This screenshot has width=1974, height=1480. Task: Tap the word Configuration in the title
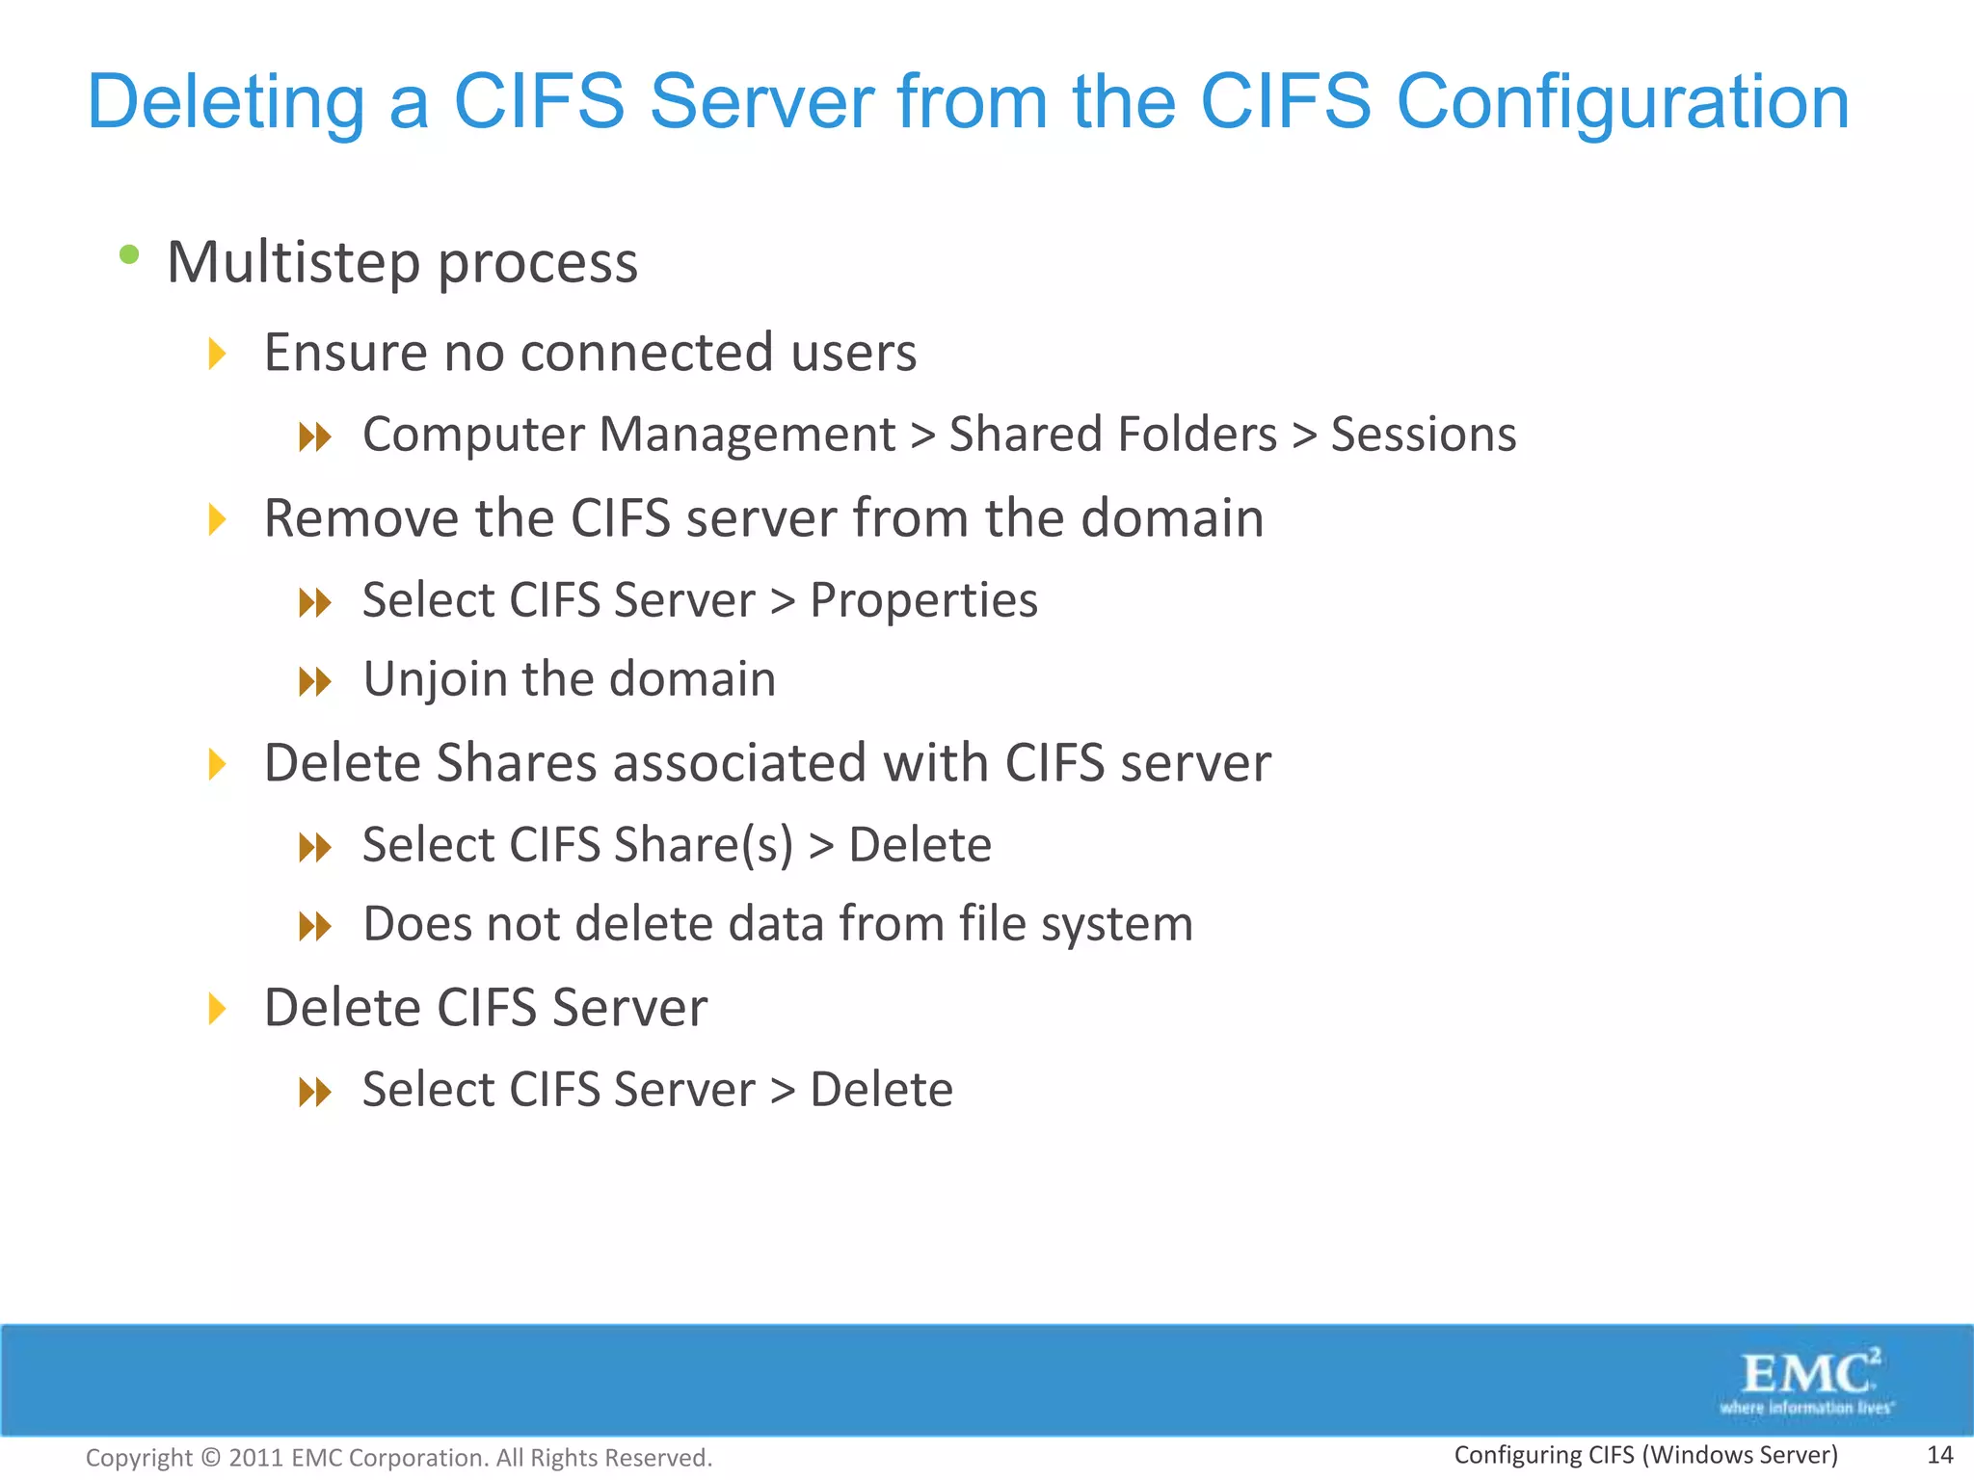coord(1622,103)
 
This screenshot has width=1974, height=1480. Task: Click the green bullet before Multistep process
coord(129,255)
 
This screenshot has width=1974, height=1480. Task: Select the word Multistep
coord(294,262)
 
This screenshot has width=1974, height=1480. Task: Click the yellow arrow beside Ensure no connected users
coord(218,354)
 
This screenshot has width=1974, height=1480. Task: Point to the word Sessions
coord(1424,435)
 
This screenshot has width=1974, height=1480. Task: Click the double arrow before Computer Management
coord(315,437)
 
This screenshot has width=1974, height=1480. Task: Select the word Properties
coord(923,600)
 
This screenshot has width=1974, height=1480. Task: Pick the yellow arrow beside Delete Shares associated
coord(218,765)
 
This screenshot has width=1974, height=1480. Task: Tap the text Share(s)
coord(704,845)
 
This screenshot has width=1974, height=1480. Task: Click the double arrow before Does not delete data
coord(315,927)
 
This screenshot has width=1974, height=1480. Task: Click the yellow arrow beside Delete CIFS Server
coord(218,1010)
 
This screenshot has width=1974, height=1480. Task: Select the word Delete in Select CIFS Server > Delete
coord(881,1090)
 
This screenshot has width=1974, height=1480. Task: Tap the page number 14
coord(1939,1455)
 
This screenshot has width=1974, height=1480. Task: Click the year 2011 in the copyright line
coord(255,1458)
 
